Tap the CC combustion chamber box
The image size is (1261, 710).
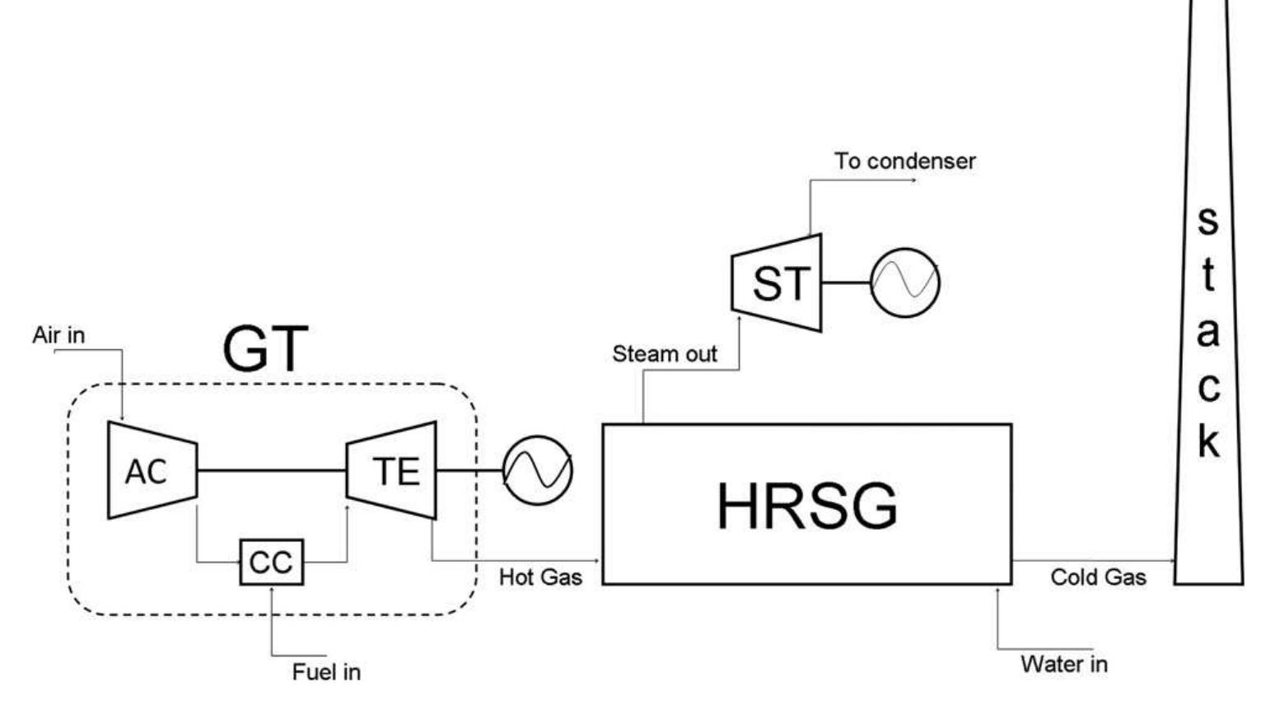click(271, 563)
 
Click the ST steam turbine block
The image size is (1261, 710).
click(777, 283)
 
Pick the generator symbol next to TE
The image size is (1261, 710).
click(537, 470)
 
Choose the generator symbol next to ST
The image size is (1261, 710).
click(904, 283)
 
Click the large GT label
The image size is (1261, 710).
click(265, 349)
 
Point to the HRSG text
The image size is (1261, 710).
click(806, 506)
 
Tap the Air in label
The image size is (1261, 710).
click(58, 335)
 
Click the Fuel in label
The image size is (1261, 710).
click(326, 672)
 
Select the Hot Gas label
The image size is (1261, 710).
click(540, 577)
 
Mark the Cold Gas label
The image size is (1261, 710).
click(1098, 577)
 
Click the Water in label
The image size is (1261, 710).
click(1063, 664)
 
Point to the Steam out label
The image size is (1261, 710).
click(664, 354)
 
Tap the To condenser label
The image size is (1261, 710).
click(904, 161)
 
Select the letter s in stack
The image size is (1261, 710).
click(1207, 220)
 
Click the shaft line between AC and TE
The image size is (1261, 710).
click(271, 470)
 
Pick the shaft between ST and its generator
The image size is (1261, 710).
click(846, 283)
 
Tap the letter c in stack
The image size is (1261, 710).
click(1207, 387)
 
